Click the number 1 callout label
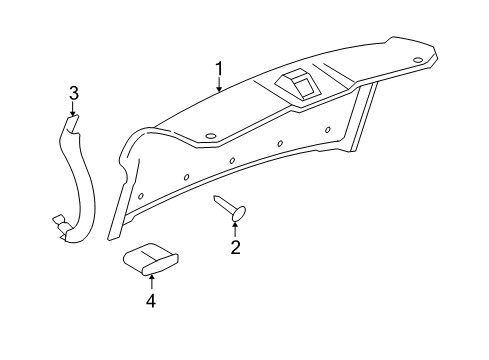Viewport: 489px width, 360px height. [219, 68]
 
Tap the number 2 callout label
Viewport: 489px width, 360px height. [236, 246]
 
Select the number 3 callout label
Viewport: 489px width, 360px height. [72, 95]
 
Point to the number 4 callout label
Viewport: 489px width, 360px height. [151, 300]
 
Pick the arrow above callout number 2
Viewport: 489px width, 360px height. [236, 229]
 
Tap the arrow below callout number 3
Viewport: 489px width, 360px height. [72, 112]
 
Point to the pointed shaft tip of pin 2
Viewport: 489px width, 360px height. [217, 200]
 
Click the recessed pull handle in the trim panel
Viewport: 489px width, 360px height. [297, 85]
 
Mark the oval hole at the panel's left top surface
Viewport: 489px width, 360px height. [210, 137]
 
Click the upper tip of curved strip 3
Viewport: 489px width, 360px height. [69, 119]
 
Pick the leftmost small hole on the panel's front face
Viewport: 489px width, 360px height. [141, 195]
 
